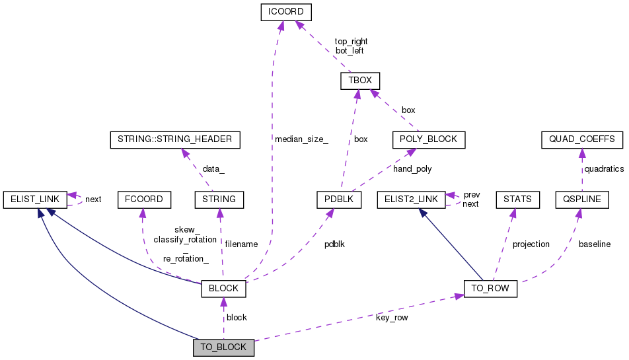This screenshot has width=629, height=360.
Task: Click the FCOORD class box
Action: coord(144,198)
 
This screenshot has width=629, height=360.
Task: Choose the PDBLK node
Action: coord(338,198)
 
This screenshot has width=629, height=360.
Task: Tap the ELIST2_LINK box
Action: coord(410,198)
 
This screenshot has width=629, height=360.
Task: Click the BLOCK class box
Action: coord(223,289)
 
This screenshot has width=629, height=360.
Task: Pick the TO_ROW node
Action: coord(491,289)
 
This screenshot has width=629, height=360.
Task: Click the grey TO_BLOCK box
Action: coord(223,347)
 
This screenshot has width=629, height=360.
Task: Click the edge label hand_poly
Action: coord(413,169)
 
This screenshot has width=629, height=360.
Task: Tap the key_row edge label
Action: coord(391,318)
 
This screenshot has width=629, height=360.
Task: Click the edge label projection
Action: coord(531,244)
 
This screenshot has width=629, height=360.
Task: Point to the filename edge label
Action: coord(241,244)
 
